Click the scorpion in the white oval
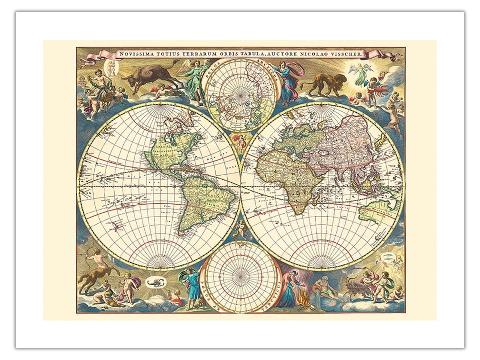click(153, 284)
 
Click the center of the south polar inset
click(240, 277)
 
